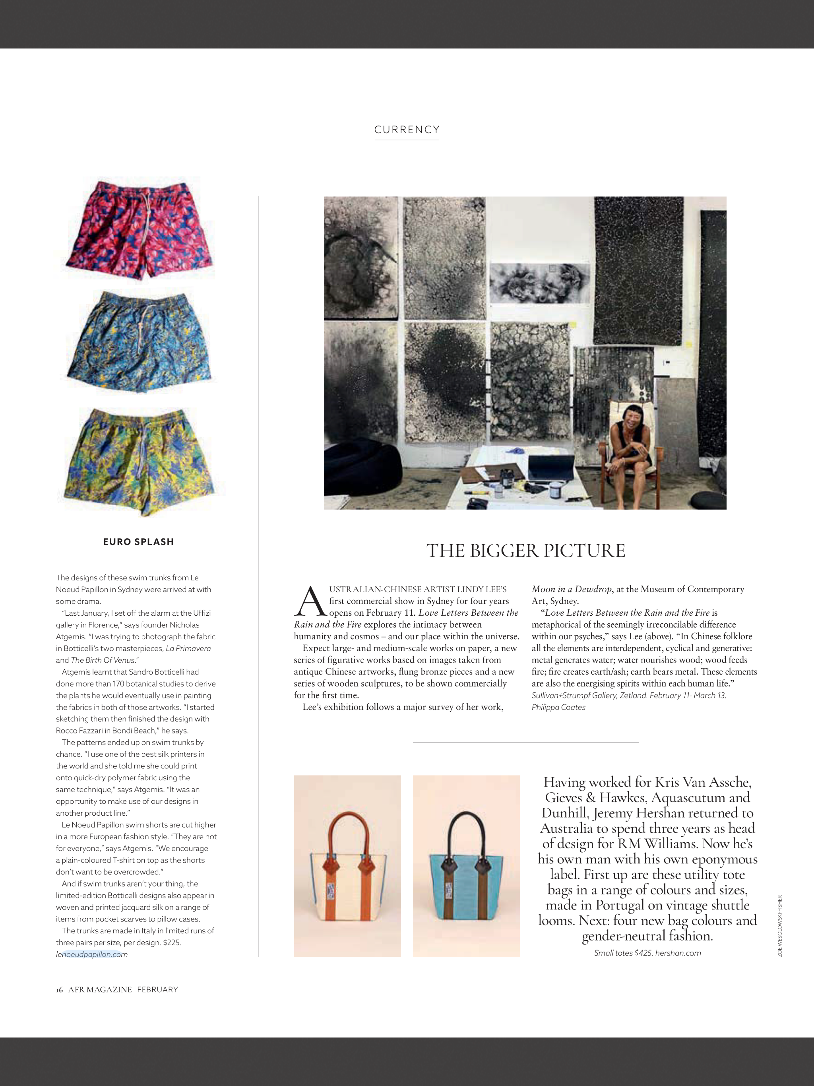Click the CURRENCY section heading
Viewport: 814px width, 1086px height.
[407, 130]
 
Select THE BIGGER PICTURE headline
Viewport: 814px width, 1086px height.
[525, 551]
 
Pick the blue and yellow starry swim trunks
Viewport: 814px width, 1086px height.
[140, 342]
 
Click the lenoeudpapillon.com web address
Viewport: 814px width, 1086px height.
[92, 954]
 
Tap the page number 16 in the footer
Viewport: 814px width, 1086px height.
[59, 989]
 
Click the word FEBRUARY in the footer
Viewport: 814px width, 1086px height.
[158, 989]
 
